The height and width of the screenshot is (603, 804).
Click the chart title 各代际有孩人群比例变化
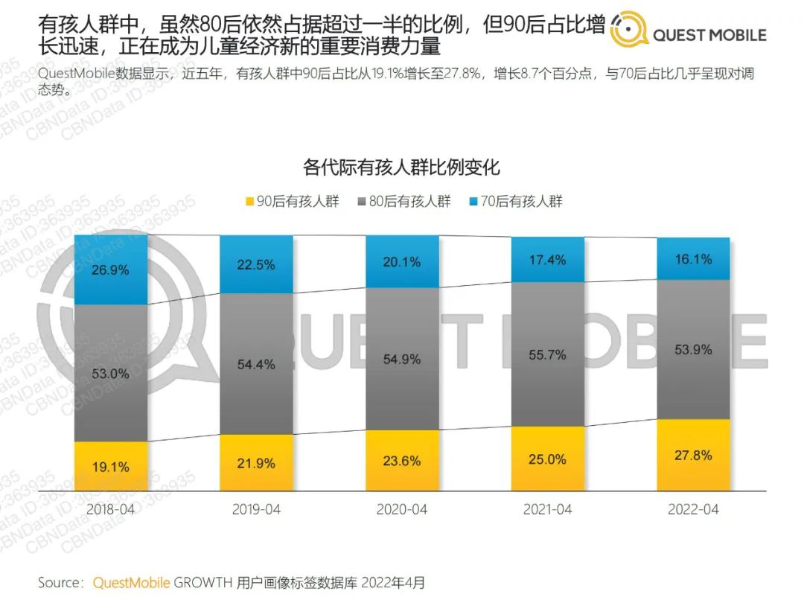[x=401, y=167]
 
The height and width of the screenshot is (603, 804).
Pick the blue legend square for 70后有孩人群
[x=475, y=202]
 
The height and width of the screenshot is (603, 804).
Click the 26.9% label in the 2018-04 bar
[x=110, y=269]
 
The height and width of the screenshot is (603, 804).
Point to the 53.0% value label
[x=110, y=374]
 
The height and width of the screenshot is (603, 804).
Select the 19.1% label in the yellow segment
[x=110, y=468]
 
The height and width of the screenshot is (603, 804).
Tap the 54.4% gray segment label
[x=256, y=365]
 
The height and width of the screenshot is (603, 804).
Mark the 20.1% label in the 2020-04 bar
[x=402, y=262]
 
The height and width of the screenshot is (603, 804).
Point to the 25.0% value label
[x=547, y=459]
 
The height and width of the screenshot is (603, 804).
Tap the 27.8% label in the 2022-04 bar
[x=692, y=455]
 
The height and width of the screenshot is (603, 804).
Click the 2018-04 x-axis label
[x=110, y=510]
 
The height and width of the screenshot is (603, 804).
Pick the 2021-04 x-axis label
[x=547, y=510]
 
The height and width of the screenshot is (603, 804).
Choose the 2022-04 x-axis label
[x=692, y=510]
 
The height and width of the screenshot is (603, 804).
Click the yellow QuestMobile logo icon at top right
[x=628, y=31]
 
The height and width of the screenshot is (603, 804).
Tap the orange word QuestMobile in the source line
[x=131, y=582]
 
